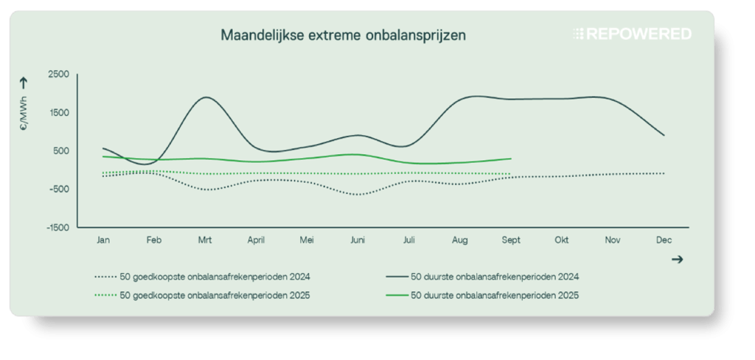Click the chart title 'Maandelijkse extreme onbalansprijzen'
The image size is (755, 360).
[343, 35]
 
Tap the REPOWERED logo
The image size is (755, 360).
[632, 35]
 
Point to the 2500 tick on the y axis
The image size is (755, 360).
[58, 75]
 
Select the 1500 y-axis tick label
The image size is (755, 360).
[58, 113]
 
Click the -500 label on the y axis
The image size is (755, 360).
[58, 189]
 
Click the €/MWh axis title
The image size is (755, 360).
[24, 118]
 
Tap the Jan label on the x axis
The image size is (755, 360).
[103, 240]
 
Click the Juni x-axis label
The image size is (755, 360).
[358, 240]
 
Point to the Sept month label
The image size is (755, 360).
[510, 240]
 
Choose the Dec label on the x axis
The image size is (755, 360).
[663, 240]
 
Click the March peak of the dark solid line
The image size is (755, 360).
[207, 97]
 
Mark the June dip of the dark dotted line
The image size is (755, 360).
[358, 194]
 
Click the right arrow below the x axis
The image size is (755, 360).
[678, 259]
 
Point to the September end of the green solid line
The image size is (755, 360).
[511, 159]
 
